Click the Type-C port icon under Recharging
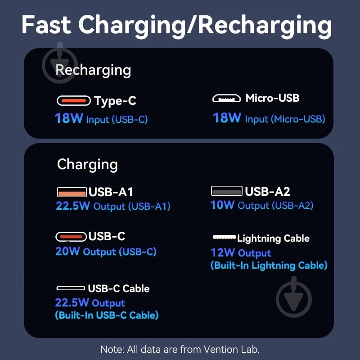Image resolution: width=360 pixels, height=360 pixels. click(74, 100)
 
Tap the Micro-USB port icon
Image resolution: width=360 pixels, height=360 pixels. click(226, 99)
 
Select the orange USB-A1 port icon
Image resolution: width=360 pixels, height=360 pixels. click(72, 192)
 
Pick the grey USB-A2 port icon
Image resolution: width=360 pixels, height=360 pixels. click(227, 191)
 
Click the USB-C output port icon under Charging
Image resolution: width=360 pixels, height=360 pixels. click(71, 237)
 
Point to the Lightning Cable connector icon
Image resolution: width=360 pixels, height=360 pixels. click(224, 237)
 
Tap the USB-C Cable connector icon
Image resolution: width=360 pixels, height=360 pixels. click(71, 288)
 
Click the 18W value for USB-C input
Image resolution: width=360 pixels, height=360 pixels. click(69, 118)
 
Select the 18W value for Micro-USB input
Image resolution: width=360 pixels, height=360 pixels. click(227, 118)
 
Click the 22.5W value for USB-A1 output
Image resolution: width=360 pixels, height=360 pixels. click(73, 206)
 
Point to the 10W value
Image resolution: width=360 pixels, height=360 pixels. click(222, 205)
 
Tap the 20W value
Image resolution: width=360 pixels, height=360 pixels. click(67, 251)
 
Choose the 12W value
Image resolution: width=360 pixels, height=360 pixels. click(222, 252)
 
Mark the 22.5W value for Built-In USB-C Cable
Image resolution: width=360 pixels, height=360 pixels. click(72, 302)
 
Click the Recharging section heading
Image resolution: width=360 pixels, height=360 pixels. click(93, 70)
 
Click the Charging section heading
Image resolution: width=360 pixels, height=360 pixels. click(87, 165)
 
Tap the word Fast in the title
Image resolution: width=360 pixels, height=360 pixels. click(46, 25)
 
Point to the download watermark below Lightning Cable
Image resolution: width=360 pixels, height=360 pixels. click(294, 297)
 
